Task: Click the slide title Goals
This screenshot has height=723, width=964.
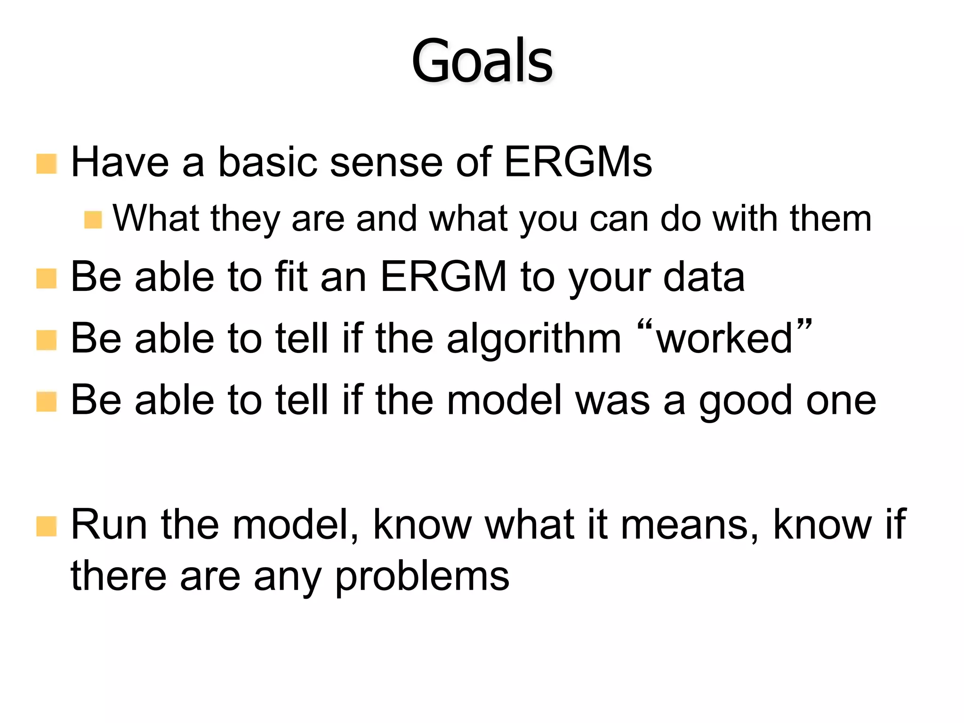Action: (x=482, y=61)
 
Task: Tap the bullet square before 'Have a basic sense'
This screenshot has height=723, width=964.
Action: (x=46, y=164)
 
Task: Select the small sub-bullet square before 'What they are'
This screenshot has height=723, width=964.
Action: (x=93, y=220)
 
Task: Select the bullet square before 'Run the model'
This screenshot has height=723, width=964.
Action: (x=46, y=526)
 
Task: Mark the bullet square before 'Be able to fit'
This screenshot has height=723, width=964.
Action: (x=46, y=279)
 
